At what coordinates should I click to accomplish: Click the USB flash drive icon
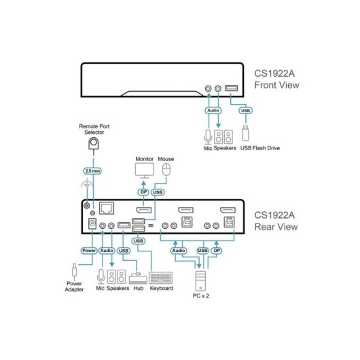coord(245,133)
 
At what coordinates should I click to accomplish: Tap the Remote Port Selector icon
coord(94,144)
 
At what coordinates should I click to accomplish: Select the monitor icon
coord(145,170)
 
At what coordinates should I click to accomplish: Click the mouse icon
coord(166,169)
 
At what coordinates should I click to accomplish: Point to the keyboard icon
coord(161,278)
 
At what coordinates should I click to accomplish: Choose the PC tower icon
coord(200,281)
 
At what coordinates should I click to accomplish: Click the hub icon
coord(138,278)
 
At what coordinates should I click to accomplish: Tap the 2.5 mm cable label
coord(92,171)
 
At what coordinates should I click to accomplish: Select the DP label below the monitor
coord(143,192)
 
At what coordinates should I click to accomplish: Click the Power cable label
coord(89,251)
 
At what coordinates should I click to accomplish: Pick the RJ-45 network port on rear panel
coord(107,209)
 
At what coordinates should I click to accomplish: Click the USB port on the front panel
coord(231,88)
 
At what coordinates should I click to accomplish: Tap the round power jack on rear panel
coord(92,223)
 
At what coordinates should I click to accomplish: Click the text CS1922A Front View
coord(276,79)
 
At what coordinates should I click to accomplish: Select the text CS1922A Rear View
coord(276,221)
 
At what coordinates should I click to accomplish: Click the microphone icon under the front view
coord(208,137)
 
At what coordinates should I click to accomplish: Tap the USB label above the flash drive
coord(245,111)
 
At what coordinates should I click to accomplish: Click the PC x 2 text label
coord(201,296)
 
